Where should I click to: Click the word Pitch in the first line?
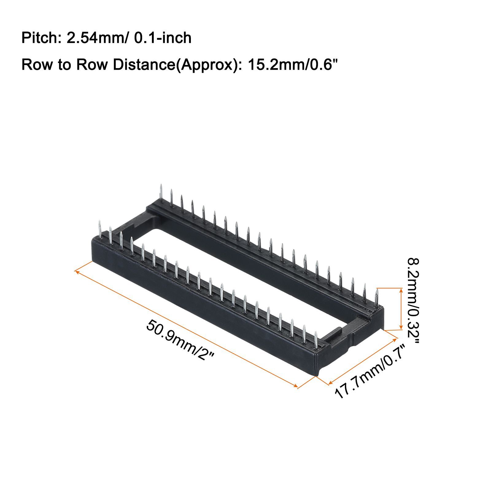coord(39,38)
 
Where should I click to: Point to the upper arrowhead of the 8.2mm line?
coord(401,290)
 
